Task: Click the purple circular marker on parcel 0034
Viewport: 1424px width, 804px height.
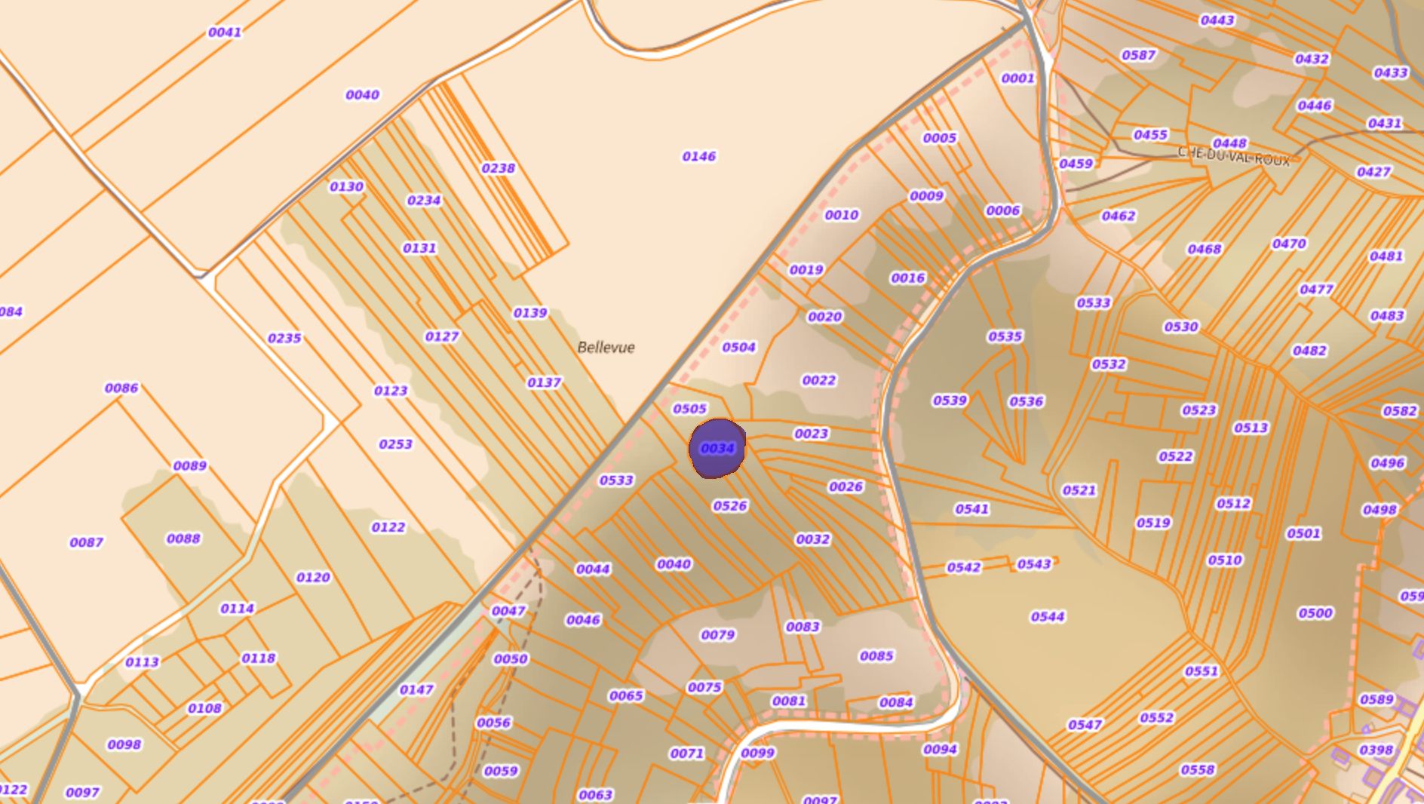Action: pyautogui.click(x=717, y=449)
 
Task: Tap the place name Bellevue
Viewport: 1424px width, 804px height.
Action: pyautogui.click(x=606, y=348)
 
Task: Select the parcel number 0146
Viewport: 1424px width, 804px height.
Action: pyautogui.click(x=699, y=157)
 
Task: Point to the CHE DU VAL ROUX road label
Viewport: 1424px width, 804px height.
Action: pyautogui.click(x=1233, y=156)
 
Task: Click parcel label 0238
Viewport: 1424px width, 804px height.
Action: pyautogui.click(x=499, y=168)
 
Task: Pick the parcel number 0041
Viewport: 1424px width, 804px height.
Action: pyautogui.click(x=225, y=32)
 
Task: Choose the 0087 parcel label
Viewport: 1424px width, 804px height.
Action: pyautogui.click(x=87, y=542)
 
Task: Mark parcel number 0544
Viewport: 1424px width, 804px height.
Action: pyautogui.click(x=1048, y=617)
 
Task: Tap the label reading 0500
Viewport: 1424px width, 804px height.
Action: pyautogui.click(x=1315, y=613)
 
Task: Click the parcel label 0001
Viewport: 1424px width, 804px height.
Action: pyautogui.click(x=1017, y=78)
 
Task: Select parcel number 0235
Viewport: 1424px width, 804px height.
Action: pyautogui.click(x=284, y=339)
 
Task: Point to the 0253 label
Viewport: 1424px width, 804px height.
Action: pyautogui.click(x=395, y=444)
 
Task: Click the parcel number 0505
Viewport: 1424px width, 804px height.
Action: pyautogui.click(x=689, y=409)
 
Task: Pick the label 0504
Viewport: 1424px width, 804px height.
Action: pyautogui.click(x=738, y=348)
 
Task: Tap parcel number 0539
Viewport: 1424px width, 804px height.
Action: pyautogui.click(x=950, y=400)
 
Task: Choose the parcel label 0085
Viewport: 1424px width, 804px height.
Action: pyautogui.click(x=876, y=656)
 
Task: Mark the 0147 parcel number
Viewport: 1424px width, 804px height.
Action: pyautogui.click(x=416, y=690)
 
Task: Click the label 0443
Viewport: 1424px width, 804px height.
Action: pyautogui.click(x=1217, y=20)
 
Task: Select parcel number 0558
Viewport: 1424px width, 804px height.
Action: pyautogui.click(x=1198, y=770)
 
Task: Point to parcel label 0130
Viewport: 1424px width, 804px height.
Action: pyautogui.click(x=346, y=187)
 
